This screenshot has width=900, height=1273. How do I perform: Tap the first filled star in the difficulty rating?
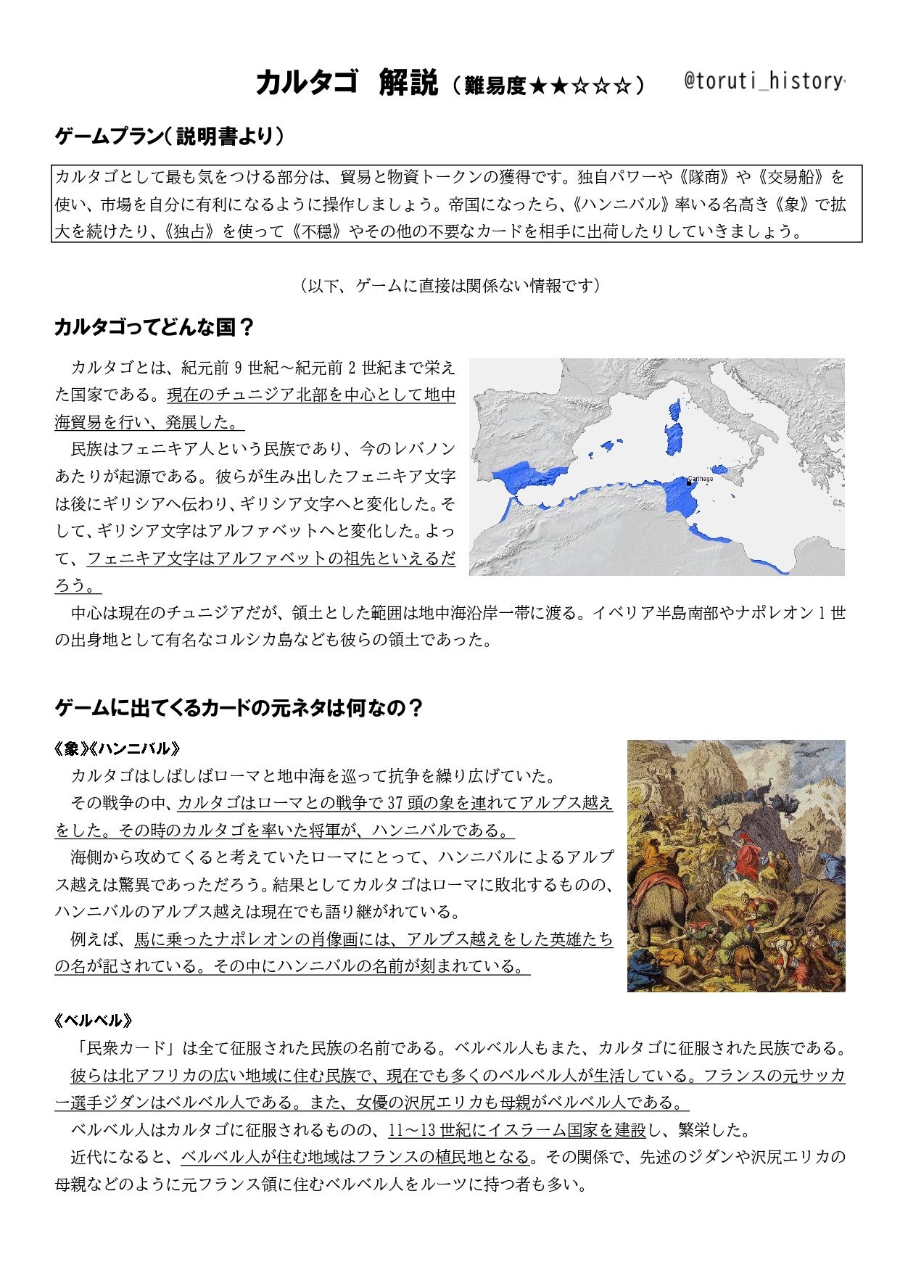[x=537, y=86]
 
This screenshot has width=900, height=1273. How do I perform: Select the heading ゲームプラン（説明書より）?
[x=170, y=136]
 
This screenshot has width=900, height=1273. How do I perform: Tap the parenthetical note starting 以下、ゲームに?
[x=450, y=286]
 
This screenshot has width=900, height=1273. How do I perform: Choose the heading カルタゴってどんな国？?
[x=154, y=327]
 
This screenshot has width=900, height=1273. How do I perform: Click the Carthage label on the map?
[x=700, y=479]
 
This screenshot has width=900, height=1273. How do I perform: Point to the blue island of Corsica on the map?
[x=675, y=410]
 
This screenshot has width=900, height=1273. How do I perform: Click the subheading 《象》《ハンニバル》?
[x=117, y=749]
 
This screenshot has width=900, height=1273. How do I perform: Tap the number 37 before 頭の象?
[x=396, y=803]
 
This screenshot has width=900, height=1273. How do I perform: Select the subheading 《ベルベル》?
[x=94, y=1021]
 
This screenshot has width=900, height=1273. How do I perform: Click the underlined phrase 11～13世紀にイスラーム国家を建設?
[x=517, y=1130]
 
